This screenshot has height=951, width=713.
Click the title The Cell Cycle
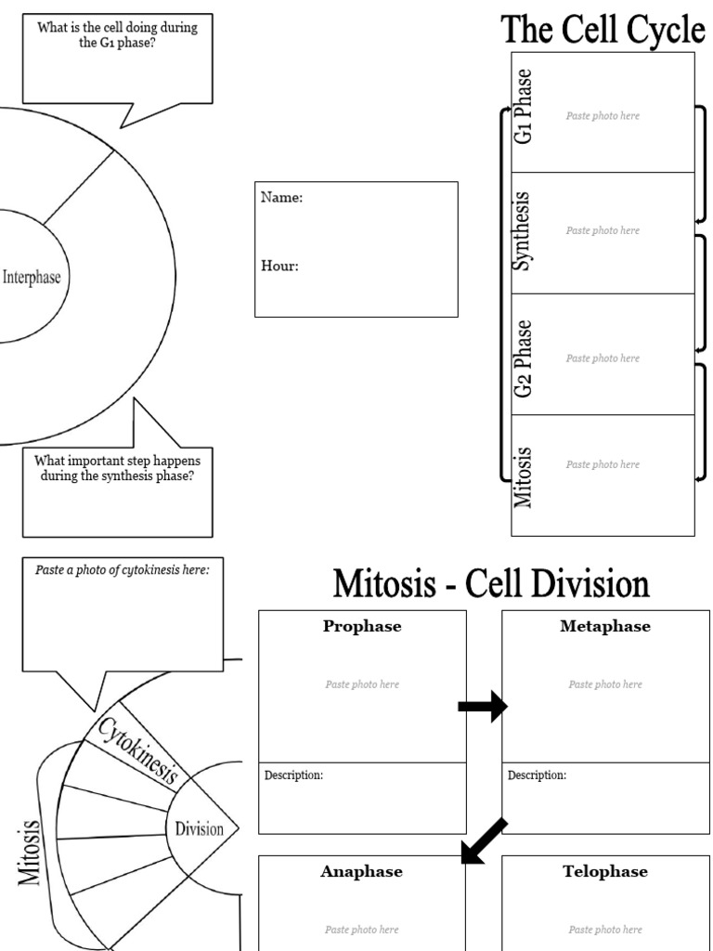(x=603, y=30)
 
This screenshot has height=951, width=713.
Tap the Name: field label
(x=281, y=198)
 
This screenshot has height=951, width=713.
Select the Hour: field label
(x=279, y=266)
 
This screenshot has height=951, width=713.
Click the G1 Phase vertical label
(x=525, y=106)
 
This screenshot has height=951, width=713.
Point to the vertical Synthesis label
(x=523, y=231)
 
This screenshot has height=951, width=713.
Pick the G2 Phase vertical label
(x=525, y=358)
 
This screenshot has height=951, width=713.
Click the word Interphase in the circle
(x=32, y=277)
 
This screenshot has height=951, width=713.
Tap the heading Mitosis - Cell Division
(x=491, y=584)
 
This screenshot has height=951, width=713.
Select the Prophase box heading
(x=362, y=627)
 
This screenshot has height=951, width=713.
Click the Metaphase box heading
(x=605, y=627)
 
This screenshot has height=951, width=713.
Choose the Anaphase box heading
(x=362, y=872)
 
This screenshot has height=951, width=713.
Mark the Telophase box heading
(x=605, y=872)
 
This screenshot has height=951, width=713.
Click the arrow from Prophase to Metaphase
(x=483, y=708)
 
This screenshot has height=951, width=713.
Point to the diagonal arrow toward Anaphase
(x=485, y=840)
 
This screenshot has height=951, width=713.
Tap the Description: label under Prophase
(x=293, y=775)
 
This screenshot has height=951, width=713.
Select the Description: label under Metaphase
(x=537, y=775)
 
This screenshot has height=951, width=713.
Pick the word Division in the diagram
(x=200, y=829)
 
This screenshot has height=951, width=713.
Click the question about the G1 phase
(x=117, y=35)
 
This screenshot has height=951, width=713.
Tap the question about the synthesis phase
(x=117, y=468)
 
